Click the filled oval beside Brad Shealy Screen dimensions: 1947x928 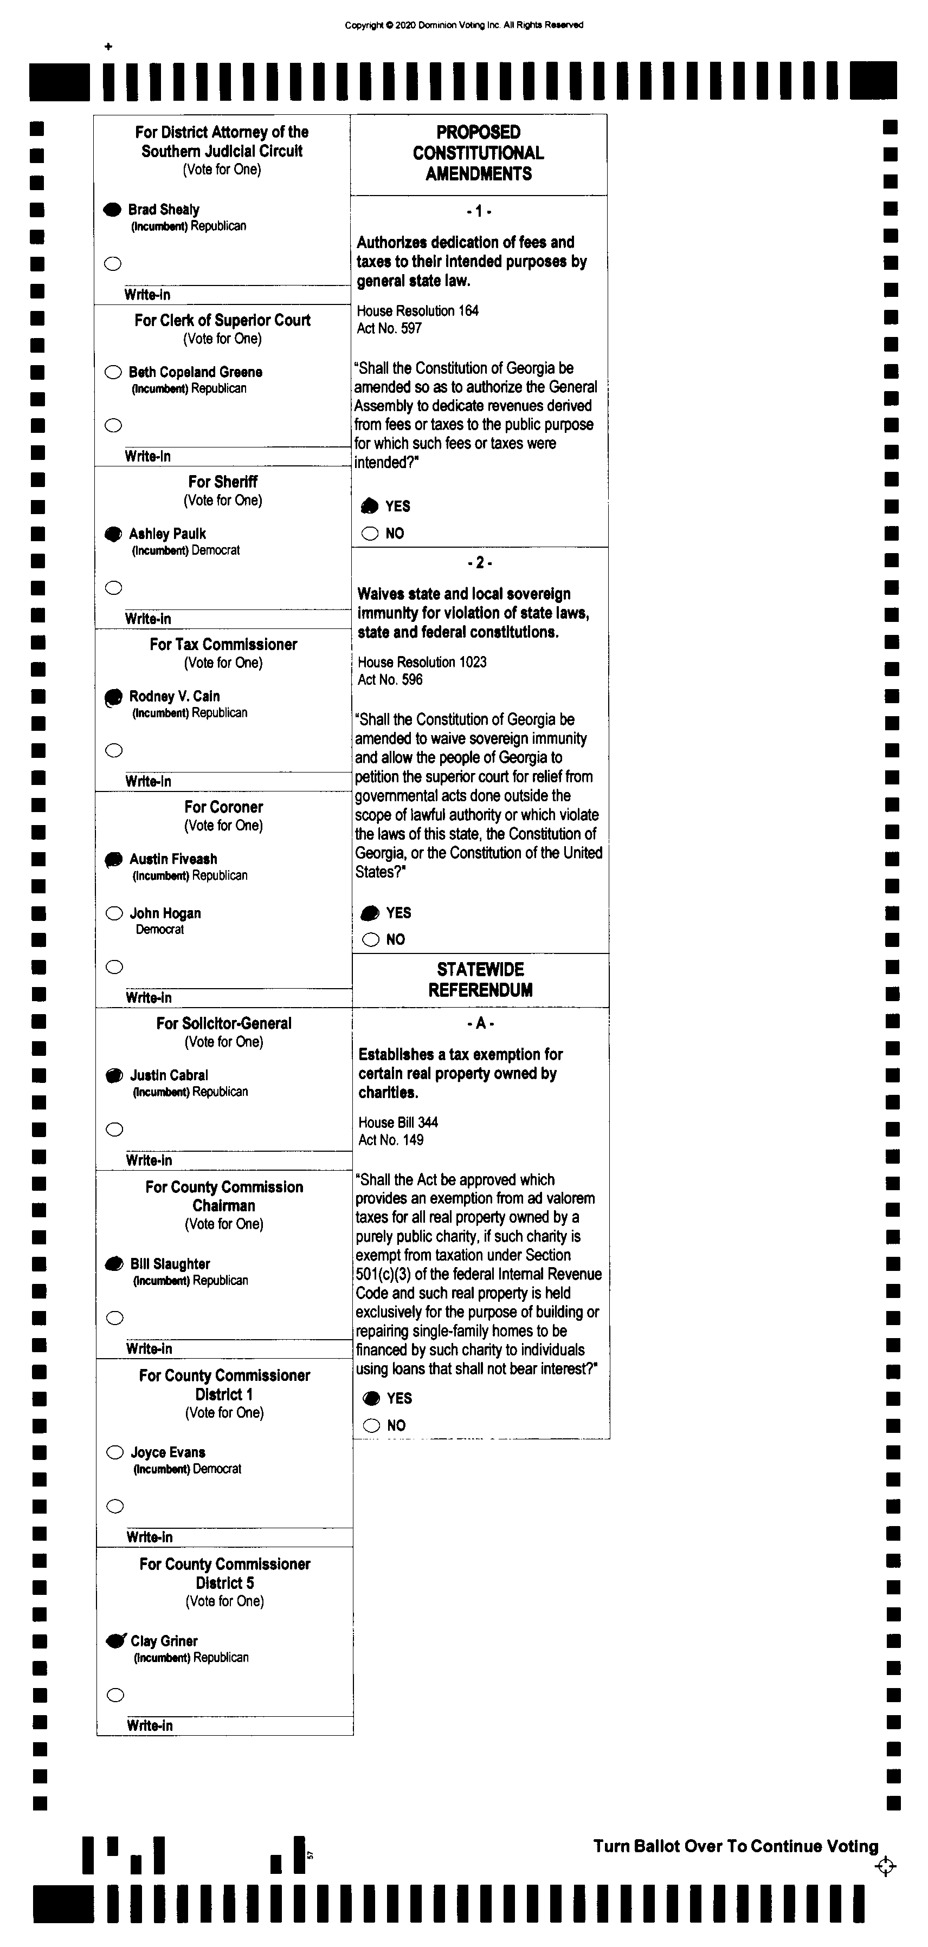pos(112,209)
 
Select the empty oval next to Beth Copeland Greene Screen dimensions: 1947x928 pos(113,372)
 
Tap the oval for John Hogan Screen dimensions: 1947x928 pos(114,913)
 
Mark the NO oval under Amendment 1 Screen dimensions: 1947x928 pos(370,534)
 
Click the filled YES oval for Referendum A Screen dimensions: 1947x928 pos(371,1398)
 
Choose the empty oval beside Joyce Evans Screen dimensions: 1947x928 pos(115,1452)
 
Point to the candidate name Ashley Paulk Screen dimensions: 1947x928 pos(167,534)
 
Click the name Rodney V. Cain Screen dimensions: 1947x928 pos(174,696)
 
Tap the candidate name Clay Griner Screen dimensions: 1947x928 pos(164,1641)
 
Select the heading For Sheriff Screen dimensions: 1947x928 pos(223,482)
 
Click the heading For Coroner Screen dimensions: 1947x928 pos(224,807)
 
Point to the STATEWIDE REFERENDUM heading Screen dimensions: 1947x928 pos(480,979)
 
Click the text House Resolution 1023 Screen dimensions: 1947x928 pos(422,662)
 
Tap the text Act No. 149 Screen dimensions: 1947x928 pos(391,1140)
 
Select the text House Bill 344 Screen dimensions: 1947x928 pos(398,1122)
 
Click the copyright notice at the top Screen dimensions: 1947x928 pos(463,25)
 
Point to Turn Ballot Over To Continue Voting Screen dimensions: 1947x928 pos(735,1846)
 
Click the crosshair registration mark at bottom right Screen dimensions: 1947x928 pos(885,1867)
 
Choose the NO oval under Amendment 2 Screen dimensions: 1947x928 pos(371,939)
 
